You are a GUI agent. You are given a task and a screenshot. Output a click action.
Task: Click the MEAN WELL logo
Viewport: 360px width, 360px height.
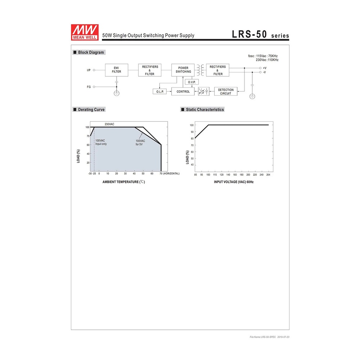(x=85, y=32)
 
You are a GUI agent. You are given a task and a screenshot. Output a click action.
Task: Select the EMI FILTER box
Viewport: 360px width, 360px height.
(x=117, y=70)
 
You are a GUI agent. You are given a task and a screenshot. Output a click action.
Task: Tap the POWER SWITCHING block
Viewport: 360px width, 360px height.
(x=183, y=70)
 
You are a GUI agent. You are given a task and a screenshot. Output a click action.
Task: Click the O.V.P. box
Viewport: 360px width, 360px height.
(x=192, y=82)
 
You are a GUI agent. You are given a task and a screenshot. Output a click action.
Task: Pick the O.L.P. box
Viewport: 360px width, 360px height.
(x=160, y=91)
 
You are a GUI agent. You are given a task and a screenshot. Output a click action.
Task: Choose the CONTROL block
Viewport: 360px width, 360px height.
(x=183, y=91)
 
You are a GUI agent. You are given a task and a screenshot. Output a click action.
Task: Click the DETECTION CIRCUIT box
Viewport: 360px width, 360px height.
(x=226, y=91)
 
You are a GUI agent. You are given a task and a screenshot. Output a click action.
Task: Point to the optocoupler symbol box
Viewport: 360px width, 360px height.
(x=204, y=91)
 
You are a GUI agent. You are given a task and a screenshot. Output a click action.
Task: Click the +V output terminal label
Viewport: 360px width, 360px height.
(x=265, y=68)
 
